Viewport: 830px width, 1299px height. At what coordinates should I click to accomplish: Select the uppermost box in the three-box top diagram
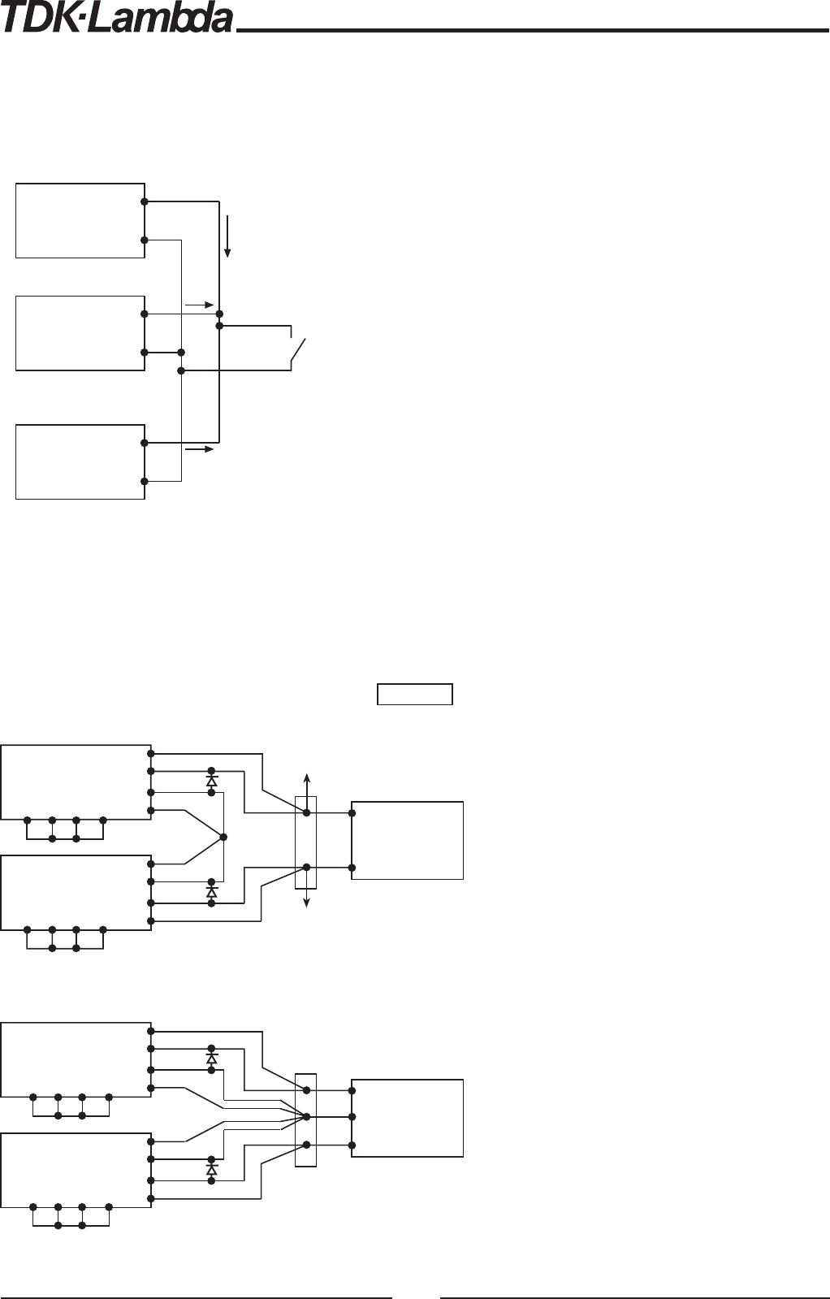pos(80,221)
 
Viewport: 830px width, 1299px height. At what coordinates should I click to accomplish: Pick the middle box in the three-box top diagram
pos(80,333)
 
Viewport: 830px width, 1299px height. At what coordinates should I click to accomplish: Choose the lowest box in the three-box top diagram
pos(80,461)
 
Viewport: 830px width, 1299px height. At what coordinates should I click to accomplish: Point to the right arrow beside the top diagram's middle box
pos(199,305)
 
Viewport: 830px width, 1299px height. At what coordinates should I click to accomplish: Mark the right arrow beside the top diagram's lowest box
pos(199,448)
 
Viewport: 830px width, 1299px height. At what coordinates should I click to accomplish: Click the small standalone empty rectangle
pos(414,695)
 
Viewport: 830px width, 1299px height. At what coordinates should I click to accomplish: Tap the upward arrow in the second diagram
pos(306,784)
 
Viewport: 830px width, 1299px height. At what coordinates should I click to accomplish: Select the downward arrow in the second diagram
pos(306,898)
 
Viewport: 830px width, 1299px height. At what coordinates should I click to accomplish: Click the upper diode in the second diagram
pos(212,781)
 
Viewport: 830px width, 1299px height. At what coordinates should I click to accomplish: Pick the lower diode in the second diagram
pos(212,892)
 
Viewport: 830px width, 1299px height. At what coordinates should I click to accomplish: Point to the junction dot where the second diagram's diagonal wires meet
pos(223,836)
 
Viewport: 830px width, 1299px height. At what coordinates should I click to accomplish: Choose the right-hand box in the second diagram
pos(407,840)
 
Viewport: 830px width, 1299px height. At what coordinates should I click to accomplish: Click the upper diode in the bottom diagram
pos(212,1059)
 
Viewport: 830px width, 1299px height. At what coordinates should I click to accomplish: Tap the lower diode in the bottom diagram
pos(212,1170)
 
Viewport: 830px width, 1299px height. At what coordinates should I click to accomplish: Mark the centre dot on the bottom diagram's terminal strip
pos(306,1116)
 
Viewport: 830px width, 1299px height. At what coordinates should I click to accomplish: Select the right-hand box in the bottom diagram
pos(407,1118)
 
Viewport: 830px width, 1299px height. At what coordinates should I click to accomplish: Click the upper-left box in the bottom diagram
pos(76,1059)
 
